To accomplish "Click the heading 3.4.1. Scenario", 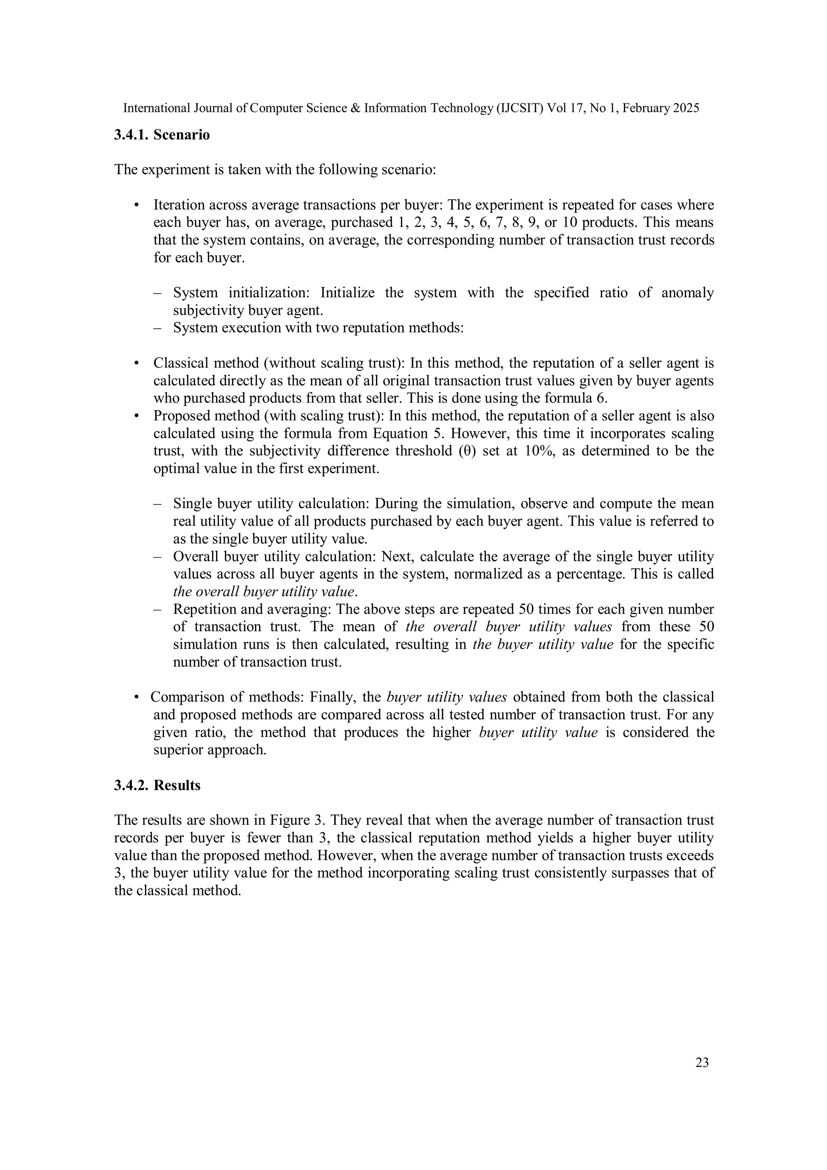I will coord(162,135).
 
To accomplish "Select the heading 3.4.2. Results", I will coord(157,785).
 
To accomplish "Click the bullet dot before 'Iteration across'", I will coord(136,205).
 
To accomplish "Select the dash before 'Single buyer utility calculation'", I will coord(157,504).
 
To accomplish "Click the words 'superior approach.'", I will coord(210,750).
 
